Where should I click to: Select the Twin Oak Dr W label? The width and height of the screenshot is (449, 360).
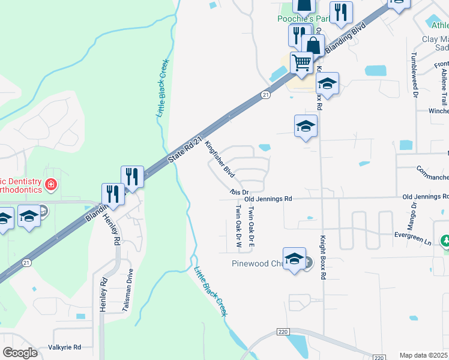[238, 227]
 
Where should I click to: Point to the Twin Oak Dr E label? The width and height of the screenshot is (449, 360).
[252, 227]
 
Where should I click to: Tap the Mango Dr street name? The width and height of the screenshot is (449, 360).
[414, 213]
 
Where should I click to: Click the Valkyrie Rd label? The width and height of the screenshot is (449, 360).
[64, 347]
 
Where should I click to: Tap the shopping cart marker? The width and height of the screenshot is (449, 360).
[301, 61]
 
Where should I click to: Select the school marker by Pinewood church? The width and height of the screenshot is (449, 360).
[294, 258]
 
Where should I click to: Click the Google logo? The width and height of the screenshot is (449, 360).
[20, 353]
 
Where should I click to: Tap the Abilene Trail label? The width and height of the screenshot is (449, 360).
[444, 84]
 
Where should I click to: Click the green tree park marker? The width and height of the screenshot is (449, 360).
[445, 241]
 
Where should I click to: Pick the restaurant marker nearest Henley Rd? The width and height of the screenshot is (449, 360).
[113, 193]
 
